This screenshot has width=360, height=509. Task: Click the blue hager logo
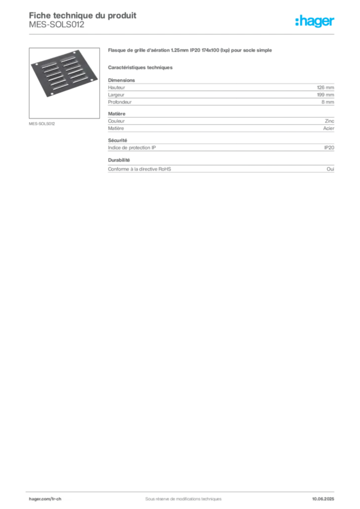tap(316, 22)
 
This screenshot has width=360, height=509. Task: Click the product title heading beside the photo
tap(190, 51)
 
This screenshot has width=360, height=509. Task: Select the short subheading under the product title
tap(141, 67)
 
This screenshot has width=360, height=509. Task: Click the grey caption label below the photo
tap(41, 123)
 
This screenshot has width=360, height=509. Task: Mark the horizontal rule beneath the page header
tap(182, 34)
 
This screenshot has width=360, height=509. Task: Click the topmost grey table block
tap(221, 92)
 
